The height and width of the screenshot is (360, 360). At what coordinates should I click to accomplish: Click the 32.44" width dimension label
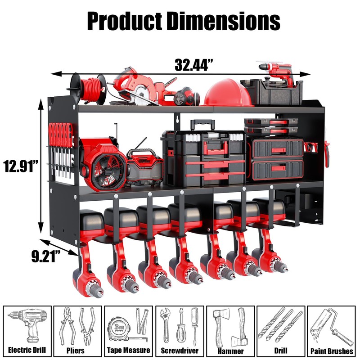(x=194, y=65)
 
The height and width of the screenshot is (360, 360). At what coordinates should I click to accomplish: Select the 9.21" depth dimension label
(x=46, y=256)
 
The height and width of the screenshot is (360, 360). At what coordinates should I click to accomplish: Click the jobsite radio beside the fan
(x=144, y=167)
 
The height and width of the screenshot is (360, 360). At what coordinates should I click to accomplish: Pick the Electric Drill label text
(x=27, y=350)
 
